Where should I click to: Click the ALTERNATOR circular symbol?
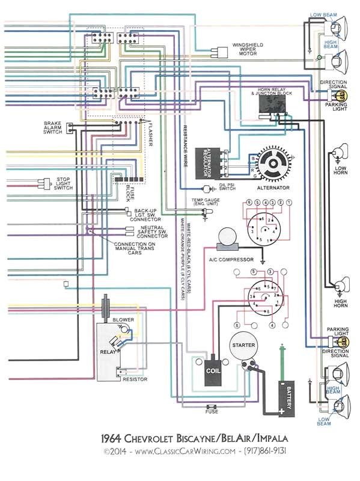[x=274, y=165]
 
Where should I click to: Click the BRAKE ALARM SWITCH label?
[x=52, y=127]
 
